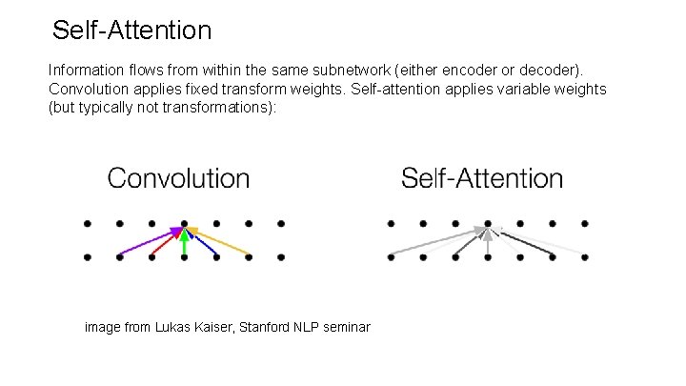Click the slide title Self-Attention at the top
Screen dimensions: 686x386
131,30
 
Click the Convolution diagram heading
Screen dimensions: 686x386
178,178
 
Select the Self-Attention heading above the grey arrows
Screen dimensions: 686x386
482,178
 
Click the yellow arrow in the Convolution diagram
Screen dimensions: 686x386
221,241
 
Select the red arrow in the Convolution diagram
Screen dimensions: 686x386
166,243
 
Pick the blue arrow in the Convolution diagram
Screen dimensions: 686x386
201,243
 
